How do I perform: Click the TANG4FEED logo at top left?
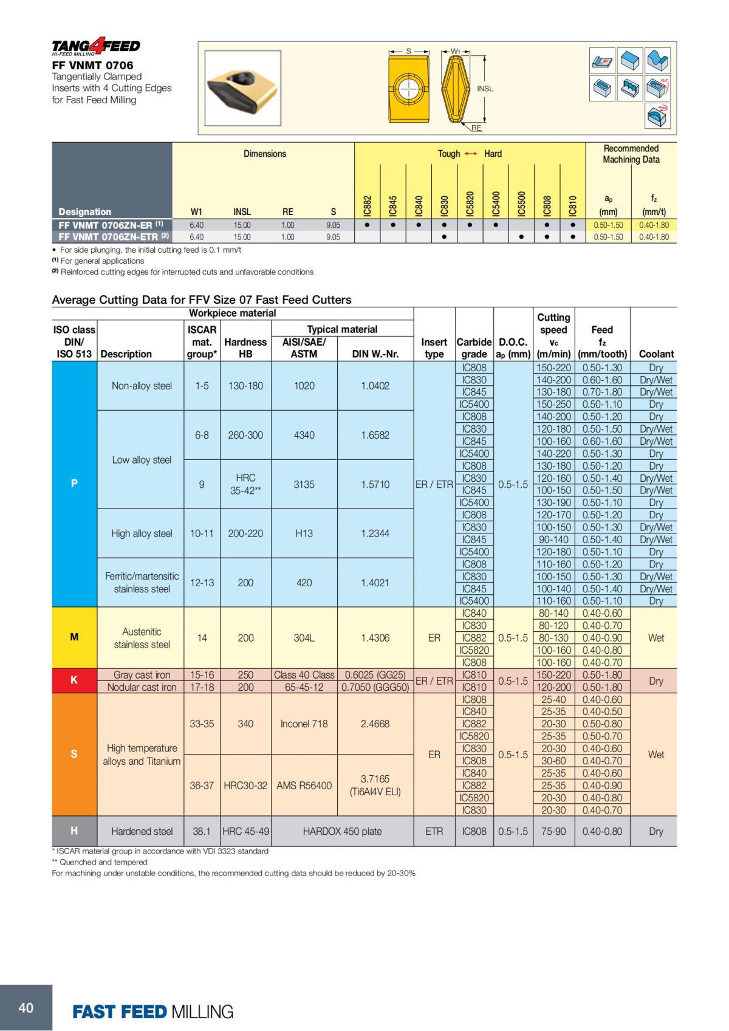95,46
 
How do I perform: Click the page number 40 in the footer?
26,1008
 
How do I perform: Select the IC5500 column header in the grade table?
521,204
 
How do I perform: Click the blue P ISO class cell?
74,484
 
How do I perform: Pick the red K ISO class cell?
74,680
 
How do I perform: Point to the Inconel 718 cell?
304,724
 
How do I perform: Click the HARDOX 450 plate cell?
342,831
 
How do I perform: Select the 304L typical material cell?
304,638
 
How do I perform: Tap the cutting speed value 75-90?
553,831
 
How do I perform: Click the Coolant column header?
656,354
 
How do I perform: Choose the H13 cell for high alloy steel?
304,533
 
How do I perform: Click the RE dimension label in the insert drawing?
476,128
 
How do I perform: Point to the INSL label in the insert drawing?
485,89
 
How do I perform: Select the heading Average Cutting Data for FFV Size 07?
202,300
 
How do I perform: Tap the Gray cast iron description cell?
142,675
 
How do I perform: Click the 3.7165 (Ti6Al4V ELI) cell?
375,785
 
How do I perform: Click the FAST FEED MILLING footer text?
152,1012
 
